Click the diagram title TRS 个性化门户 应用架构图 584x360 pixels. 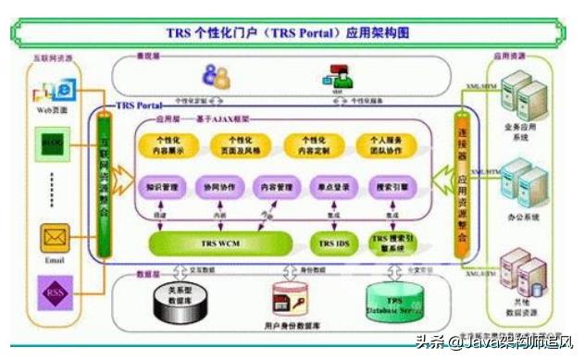(292, 33)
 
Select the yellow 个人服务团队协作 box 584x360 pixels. (385, 144)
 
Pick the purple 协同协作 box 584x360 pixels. (221, 185)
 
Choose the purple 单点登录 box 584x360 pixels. (330, 185)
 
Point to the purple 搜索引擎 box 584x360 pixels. (390, 185)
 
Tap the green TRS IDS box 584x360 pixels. (329, 243)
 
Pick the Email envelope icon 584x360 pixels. (53, 240)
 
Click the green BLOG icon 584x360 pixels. (52, 143)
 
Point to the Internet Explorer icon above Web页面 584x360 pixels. (65, 90)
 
